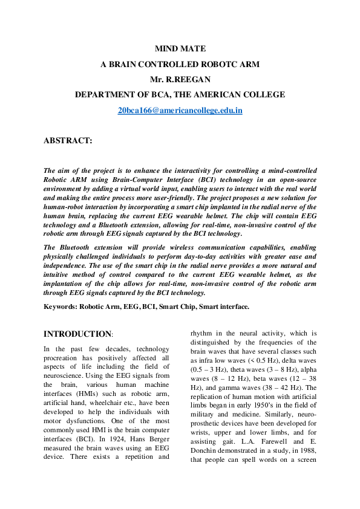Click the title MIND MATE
[x=180, y=48]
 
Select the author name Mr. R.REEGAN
[x=180, y=79]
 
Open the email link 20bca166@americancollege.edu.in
[x=180, y=111]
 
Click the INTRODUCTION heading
[x=77, y=334]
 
